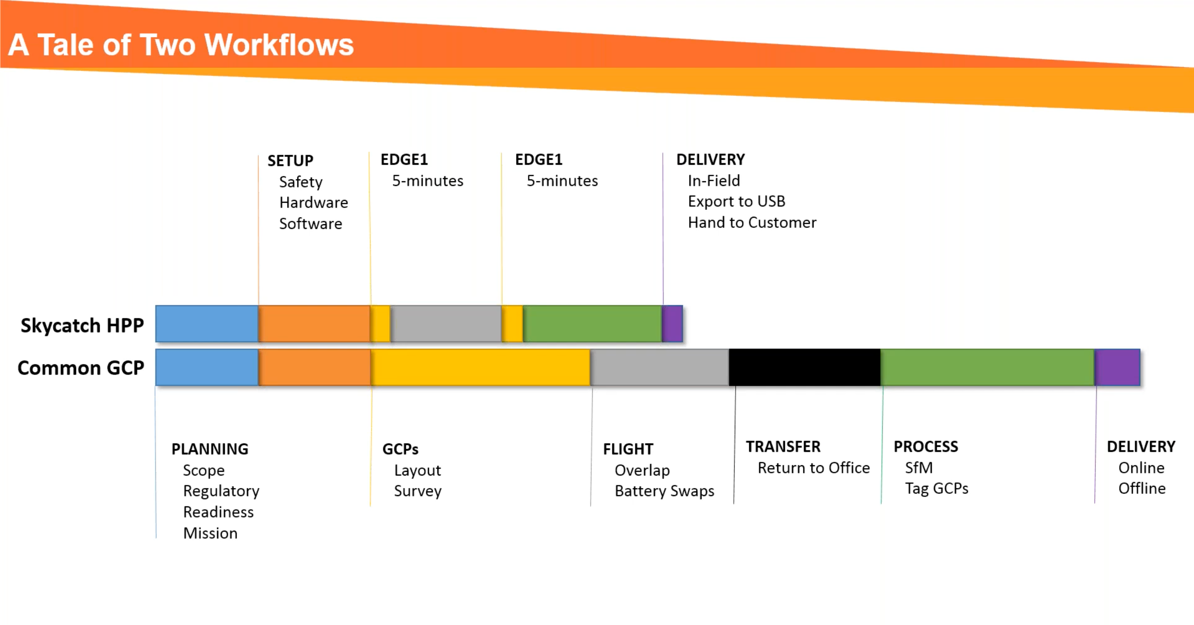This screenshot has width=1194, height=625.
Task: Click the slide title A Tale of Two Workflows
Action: [181, 45]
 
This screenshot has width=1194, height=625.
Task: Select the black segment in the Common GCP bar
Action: [804, 367]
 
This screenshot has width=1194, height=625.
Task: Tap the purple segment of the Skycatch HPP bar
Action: [673, 324]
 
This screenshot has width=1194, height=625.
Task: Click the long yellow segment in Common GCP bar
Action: [480, 367]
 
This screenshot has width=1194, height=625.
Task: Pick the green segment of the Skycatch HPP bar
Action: [592, 324]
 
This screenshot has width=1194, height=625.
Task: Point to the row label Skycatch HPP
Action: [82, 325]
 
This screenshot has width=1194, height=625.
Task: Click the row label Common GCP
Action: [81, 368]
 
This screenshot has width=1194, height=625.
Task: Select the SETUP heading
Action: [290, 161]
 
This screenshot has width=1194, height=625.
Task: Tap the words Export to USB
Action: [736, 201]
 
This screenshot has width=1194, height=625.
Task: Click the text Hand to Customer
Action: [752, 222]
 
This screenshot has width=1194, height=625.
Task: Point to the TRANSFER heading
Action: [783, 447]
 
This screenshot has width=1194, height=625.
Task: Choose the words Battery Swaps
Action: [664, 491]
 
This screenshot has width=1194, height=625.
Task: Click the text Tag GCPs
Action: [936, 489]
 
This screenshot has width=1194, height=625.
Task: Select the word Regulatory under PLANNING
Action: [221, 491]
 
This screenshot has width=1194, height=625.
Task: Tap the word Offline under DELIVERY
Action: [1142, 489]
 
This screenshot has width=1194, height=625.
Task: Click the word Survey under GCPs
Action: [417, 491]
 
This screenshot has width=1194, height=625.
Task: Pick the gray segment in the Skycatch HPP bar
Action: [446, 324]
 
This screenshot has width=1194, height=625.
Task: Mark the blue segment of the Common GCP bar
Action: [207, 367]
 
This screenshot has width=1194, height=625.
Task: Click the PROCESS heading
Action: [925, 447]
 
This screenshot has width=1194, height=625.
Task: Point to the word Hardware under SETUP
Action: [313, 203]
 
